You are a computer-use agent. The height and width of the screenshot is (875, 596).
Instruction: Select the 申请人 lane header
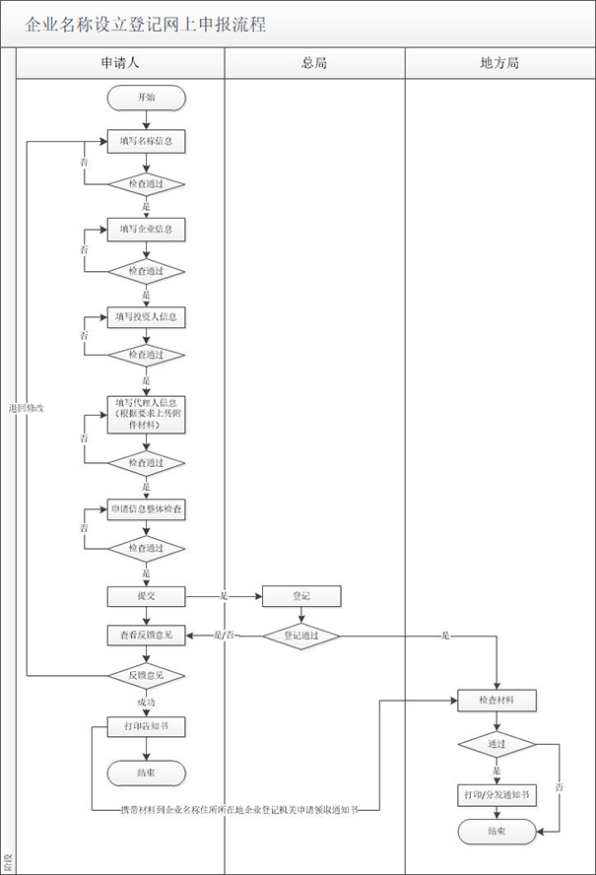(x=120, y=63)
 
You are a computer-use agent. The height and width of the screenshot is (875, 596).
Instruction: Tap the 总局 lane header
(x=314, y=63)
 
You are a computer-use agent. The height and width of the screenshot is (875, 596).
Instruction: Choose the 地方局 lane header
(x=499, y=63)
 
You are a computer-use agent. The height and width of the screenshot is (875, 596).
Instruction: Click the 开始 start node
(x=146, y=97)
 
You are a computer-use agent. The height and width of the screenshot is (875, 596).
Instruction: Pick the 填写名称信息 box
(x=146, y=141)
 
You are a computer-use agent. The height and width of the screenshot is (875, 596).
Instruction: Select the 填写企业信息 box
(x=146, y=229)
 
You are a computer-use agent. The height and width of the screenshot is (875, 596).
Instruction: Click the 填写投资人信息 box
(x=146, y=316)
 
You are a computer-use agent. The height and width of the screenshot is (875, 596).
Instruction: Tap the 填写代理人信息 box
(x=146, y=413)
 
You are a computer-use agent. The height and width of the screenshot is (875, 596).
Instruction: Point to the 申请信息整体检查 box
(x=146, y=509)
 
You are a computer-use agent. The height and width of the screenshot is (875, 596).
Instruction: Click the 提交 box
(x=146, y=596)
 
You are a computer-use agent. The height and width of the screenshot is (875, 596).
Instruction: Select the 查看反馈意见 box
(x=146, y=636)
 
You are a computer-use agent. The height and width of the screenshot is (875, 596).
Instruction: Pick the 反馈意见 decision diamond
(x=146, y=675)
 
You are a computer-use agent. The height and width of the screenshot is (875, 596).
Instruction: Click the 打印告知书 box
(x=146, y=727)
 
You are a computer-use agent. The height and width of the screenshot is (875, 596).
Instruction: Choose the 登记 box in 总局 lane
(x=300, y=596)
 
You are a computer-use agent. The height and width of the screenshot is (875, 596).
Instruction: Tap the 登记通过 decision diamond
(x=300, y=636)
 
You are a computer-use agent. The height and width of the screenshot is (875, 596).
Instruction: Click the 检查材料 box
(x=497, y=701)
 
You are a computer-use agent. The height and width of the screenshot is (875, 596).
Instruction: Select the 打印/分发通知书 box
(x=497, y=794)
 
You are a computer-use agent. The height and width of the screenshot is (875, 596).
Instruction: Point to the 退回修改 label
(x=27, y=408)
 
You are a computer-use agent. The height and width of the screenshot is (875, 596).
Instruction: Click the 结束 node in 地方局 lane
(x=497, y=832)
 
